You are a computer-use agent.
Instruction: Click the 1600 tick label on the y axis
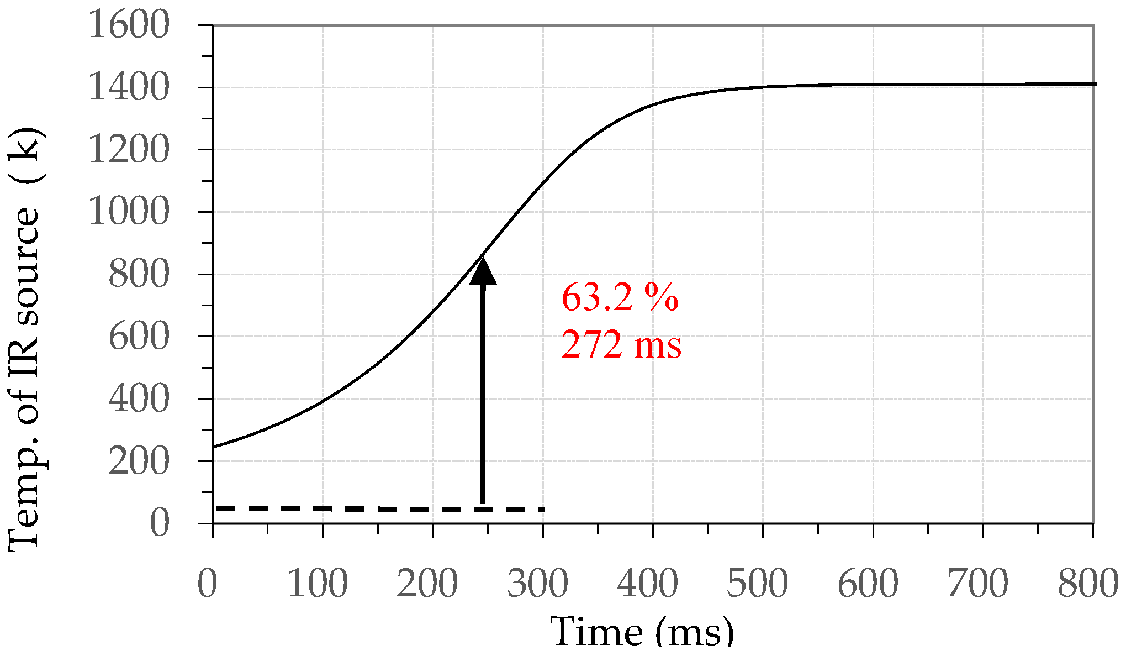[129, 25]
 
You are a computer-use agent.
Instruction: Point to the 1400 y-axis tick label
[129, 88]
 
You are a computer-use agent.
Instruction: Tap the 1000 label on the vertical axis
[129, 212]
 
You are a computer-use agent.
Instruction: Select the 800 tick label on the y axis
[139, 275]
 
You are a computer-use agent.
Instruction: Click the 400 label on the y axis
[139, 399]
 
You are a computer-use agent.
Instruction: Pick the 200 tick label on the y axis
[139, 461]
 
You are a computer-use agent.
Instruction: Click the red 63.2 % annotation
[620, 298]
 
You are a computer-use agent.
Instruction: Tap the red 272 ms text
[621, 345]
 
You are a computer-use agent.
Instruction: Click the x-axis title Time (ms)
[642, 632]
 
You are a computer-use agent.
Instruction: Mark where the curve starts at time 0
[214, 447]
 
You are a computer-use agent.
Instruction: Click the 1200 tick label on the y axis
[129, 150]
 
